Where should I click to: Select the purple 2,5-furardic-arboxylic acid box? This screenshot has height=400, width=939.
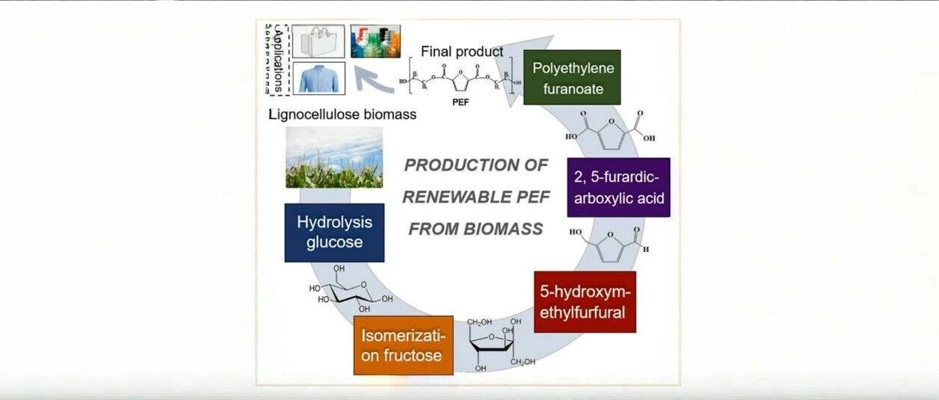[618, 187]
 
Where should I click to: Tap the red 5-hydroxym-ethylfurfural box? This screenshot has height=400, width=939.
[585, 301]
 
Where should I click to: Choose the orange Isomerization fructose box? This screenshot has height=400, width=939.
[404, 345]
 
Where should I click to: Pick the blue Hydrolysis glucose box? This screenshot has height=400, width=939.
[334, 233]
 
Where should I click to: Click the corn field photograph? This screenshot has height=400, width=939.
[334, 157]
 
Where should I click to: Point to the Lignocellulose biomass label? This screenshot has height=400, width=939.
[342, 114]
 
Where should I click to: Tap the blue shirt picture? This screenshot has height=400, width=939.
[318, 78]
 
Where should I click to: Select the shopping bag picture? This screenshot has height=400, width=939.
[318, 41]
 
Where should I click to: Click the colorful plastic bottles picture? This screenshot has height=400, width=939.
[375, 41]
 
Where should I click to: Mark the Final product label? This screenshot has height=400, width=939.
[462, 52]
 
